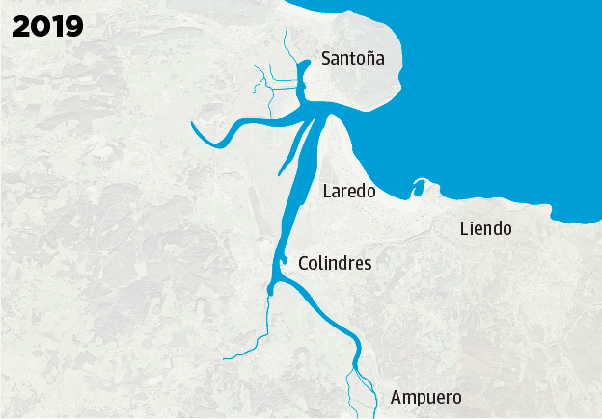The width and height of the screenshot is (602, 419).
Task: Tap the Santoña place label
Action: coord(352,59)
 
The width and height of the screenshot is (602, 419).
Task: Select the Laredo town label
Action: coord(348,192)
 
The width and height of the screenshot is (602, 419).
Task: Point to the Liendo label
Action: coord(485,229)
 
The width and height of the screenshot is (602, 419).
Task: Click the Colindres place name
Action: coord(335,263)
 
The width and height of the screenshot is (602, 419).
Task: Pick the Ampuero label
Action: coord(425,398)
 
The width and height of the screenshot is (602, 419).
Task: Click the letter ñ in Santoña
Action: coord(369,59)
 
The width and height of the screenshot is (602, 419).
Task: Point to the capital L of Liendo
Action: coord(465,229)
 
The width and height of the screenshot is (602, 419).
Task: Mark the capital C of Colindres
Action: coord(305,263)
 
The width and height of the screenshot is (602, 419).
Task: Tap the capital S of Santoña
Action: coord(327,59)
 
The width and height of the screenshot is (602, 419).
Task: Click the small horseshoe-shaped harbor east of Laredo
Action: coord(419,186)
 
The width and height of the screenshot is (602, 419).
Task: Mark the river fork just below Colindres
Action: coord(274,285)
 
